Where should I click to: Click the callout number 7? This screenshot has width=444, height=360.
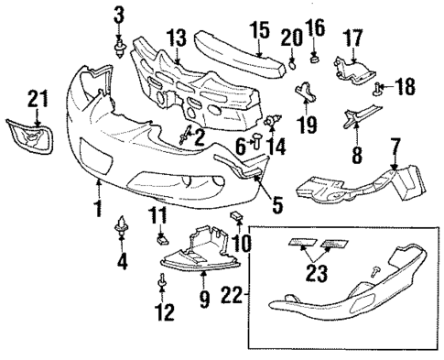click(395, 146)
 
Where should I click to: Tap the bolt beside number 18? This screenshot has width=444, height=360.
click(378, 88)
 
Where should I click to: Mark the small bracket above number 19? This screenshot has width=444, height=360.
click(304, 93)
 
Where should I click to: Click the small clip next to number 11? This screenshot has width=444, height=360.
click(162, 241)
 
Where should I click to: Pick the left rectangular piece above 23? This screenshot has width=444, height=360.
click(300, 243)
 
